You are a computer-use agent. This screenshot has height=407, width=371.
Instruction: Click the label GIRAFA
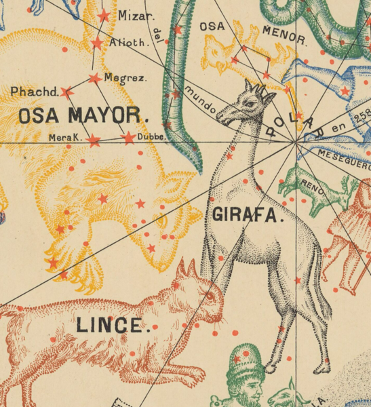(x=246, y=216)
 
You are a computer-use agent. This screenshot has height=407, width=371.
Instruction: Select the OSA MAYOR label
(x=83, y=115)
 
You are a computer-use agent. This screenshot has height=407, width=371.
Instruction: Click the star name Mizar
(x=136, y=16)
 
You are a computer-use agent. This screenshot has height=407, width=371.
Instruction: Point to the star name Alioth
(x=128, y=42)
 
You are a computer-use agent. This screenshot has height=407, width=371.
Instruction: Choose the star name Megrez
(x=125, y=78)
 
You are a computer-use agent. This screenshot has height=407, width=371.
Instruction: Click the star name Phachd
(x=31, y=90)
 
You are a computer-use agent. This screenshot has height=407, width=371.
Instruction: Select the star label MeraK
(x=65, y=138)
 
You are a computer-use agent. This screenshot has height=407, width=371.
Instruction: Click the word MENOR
(x=284, y=35)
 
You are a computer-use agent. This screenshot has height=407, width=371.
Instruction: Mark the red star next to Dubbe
(x=128, y=138)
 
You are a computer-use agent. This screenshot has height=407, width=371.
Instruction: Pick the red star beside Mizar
(x=104, y=16)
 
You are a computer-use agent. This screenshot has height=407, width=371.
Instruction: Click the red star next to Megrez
(x=94, y=78)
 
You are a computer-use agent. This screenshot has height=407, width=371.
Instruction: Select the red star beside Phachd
(x=66, y=92)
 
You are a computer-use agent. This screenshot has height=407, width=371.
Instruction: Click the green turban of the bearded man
(x=245, y=357)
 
